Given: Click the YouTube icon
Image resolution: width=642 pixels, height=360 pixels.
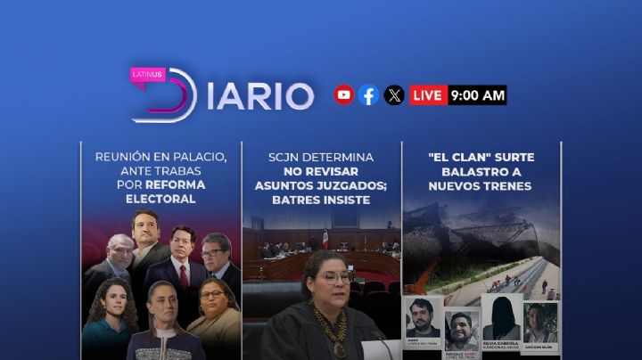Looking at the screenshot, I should (343, 95).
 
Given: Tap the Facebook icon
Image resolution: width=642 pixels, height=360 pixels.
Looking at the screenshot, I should (368, 95).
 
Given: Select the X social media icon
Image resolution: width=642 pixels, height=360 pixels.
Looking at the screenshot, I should (394, 95).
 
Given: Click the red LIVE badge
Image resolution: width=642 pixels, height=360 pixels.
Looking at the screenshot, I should (429, 95).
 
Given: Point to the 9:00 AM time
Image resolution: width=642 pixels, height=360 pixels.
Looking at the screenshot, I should (478, 95).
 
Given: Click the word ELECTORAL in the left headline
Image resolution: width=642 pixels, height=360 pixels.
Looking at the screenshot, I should (160, 200).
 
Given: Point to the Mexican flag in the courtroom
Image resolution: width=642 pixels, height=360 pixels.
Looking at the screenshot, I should (326, 239).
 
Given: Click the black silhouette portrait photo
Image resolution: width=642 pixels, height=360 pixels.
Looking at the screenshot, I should (502, 315).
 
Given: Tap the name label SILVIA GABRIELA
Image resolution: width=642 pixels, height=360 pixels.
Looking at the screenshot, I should (502, 342).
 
